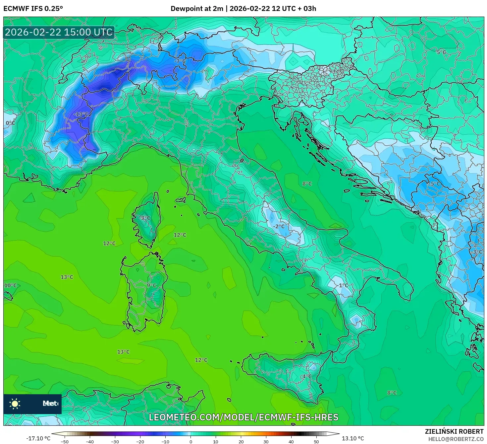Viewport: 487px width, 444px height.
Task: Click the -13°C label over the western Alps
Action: (81, 114)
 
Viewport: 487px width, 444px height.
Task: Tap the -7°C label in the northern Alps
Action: (180, 61)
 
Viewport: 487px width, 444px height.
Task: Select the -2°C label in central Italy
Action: (279, 226)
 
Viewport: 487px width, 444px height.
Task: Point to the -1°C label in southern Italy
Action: (343, 285)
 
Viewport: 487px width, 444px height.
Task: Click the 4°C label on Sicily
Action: (307, 376)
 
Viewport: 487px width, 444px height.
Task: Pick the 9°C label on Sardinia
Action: (151, 285)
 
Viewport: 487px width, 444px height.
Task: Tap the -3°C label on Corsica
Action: (144, 218)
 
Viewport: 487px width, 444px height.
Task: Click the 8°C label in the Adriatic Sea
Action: (307, 184)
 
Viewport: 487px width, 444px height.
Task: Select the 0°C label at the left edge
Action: (10, 123)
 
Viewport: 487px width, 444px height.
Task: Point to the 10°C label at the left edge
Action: (10, 285)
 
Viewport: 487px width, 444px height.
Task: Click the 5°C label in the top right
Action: (441, 52)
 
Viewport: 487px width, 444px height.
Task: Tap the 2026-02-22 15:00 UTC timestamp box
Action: (59, 32)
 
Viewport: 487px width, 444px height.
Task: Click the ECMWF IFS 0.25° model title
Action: (33, 9)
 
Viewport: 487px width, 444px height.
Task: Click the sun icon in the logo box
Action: (15, 404)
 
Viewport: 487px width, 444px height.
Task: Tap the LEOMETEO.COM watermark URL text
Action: (243, 417)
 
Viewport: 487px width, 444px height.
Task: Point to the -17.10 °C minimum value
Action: (38, 438)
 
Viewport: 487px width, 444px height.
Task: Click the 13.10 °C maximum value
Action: (353, 438)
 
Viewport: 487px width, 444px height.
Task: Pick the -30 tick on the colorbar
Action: (115, 441)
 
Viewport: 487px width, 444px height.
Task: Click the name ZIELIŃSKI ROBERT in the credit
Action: (454, 431)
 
